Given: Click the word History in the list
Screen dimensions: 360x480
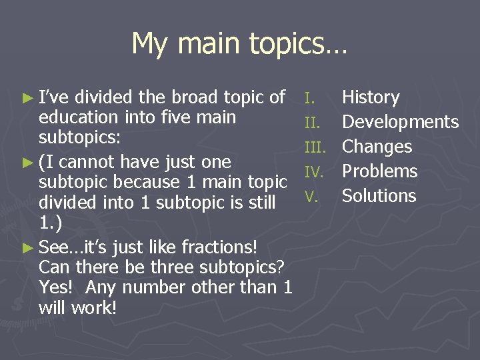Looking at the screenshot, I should coord(370,98).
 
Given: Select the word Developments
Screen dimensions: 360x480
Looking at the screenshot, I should coord(400,123).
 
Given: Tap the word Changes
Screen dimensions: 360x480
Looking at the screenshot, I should coord(377,147).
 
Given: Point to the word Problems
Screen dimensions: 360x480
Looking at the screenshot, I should coord(379,171).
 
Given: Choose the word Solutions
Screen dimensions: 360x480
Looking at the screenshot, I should coord(379,196).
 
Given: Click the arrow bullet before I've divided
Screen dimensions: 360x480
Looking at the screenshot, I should coord(27,98).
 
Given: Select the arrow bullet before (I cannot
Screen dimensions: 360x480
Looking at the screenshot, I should coord(27,162).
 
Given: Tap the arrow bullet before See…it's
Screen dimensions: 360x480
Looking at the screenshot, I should coord(27,247).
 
